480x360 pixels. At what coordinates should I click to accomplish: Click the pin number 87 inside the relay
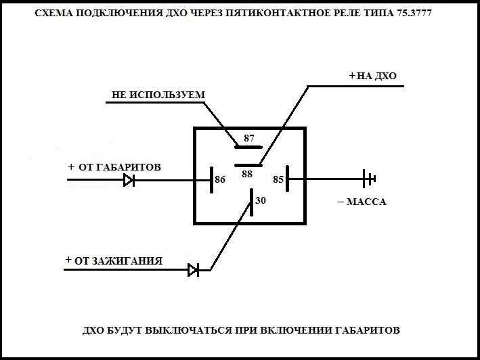(248, 138)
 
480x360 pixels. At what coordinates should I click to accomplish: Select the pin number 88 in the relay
(247, 174)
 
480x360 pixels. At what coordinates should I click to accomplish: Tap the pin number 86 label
(220, 180)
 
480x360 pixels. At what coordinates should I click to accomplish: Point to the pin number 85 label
(278, 180)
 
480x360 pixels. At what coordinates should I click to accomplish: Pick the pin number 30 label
(261, 200)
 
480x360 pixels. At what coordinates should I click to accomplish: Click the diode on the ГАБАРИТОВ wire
(129, 180)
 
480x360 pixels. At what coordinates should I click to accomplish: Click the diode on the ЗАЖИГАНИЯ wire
(194, 270)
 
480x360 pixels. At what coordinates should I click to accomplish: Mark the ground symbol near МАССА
(369, 179)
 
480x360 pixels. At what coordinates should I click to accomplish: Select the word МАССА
(366, 202)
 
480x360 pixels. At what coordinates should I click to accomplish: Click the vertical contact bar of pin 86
(211, 179)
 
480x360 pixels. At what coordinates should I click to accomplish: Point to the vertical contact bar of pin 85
(288, 179)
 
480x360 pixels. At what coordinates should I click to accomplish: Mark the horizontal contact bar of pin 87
(248, 146)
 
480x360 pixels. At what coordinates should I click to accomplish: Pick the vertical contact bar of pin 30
(251, 203)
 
